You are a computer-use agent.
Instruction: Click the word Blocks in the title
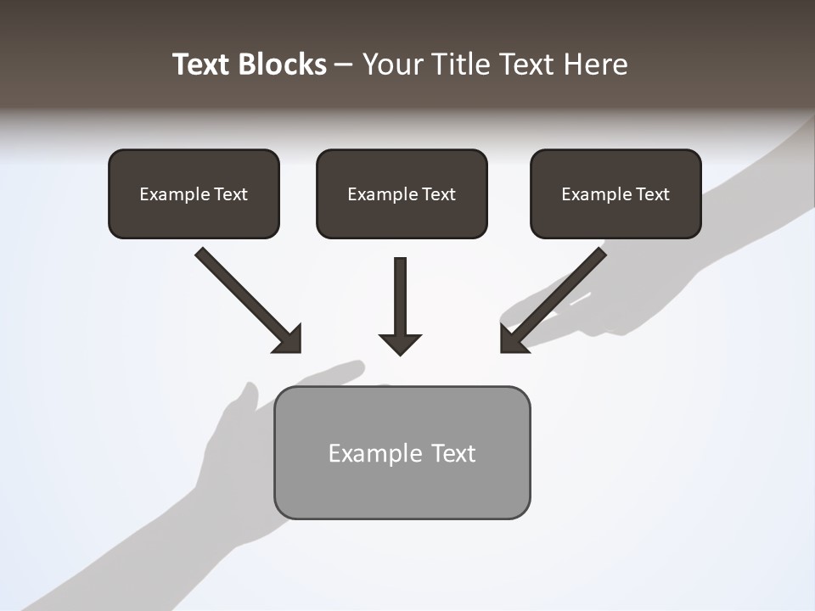coord(283,64)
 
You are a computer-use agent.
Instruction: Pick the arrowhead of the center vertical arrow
coord(400,345)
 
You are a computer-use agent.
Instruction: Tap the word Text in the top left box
coord(231,194)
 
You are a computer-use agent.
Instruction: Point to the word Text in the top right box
coord(653,194)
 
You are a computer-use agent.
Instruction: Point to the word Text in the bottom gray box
coord(454,453)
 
